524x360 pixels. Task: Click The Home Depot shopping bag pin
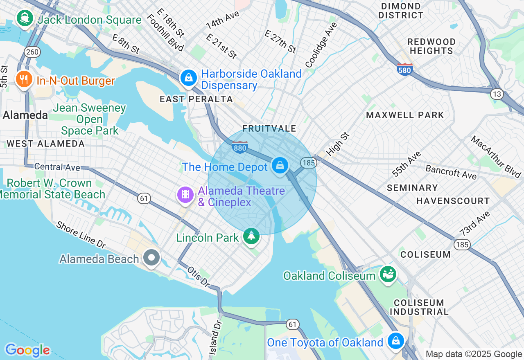pyautogui.click(x=280, y=166)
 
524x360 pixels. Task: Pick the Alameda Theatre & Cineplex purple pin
pyautogui.click(x=185, y=195)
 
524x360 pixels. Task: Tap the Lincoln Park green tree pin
pyautogui.click(x=251, y=236)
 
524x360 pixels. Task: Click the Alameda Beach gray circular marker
pyautogui.click(x=152, y=258)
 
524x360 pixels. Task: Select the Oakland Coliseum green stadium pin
pyautogui.click(x=387, y=273)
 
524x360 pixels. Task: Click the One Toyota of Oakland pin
pyautogui.click(x=395, y=340)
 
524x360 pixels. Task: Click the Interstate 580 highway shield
pyautogui.click(x=404, y=69)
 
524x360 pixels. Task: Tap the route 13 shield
pyautogui.click(x=497, y=94)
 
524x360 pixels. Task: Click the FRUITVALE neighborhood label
pyautogui.click(x=269, y=129)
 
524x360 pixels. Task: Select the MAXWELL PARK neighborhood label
pyautogui.click(x=405, y=115)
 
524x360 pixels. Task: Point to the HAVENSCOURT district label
pyautogui.click(x=453, y=201)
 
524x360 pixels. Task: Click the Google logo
pyautogui.click(x=27, y=350)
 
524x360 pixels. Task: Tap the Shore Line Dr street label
pyautogui.click(x=81, y=235)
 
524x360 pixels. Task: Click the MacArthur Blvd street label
pyautogui.click(x=495, y=157)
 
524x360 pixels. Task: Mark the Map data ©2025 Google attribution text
pyautogui.click(x=474, y=354)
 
